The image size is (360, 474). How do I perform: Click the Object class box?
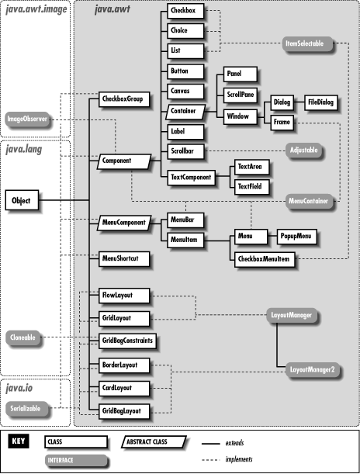tap(21, 200)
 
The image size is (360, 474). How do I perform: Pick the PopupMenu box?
tap(295, 235)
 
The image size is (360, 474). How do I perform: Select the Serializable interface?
tap(23, 407)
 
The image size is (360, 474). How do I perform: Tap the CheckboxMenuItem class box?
tap(266, 258)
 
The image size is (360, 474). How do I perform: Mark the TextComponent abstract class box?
tap(191, 178)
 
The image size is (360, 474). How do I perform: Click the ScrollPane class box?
tap(240, 92)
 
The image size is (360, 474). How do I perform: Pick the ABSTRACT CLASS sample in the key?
tap(157, 441)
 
